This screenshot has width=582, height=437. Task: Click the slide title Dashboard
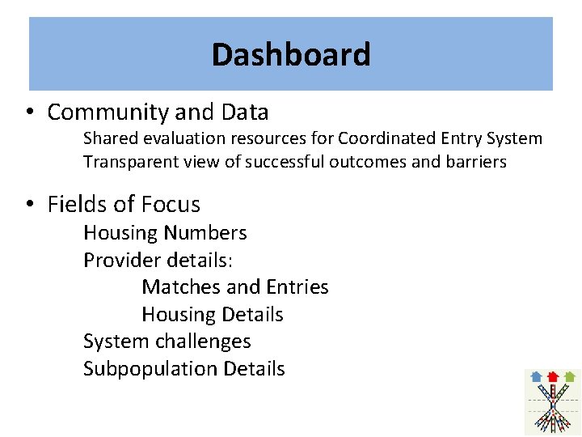click(291, 55)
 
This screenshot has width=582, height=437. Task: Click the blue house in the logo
click(535, 376)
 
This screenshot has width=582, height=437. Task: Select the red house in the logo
click(553, 376)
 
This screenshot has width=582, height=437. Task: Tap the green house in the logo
click(570, 376)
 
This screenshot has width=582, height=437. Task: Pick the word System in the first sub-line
click(516, 138)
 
